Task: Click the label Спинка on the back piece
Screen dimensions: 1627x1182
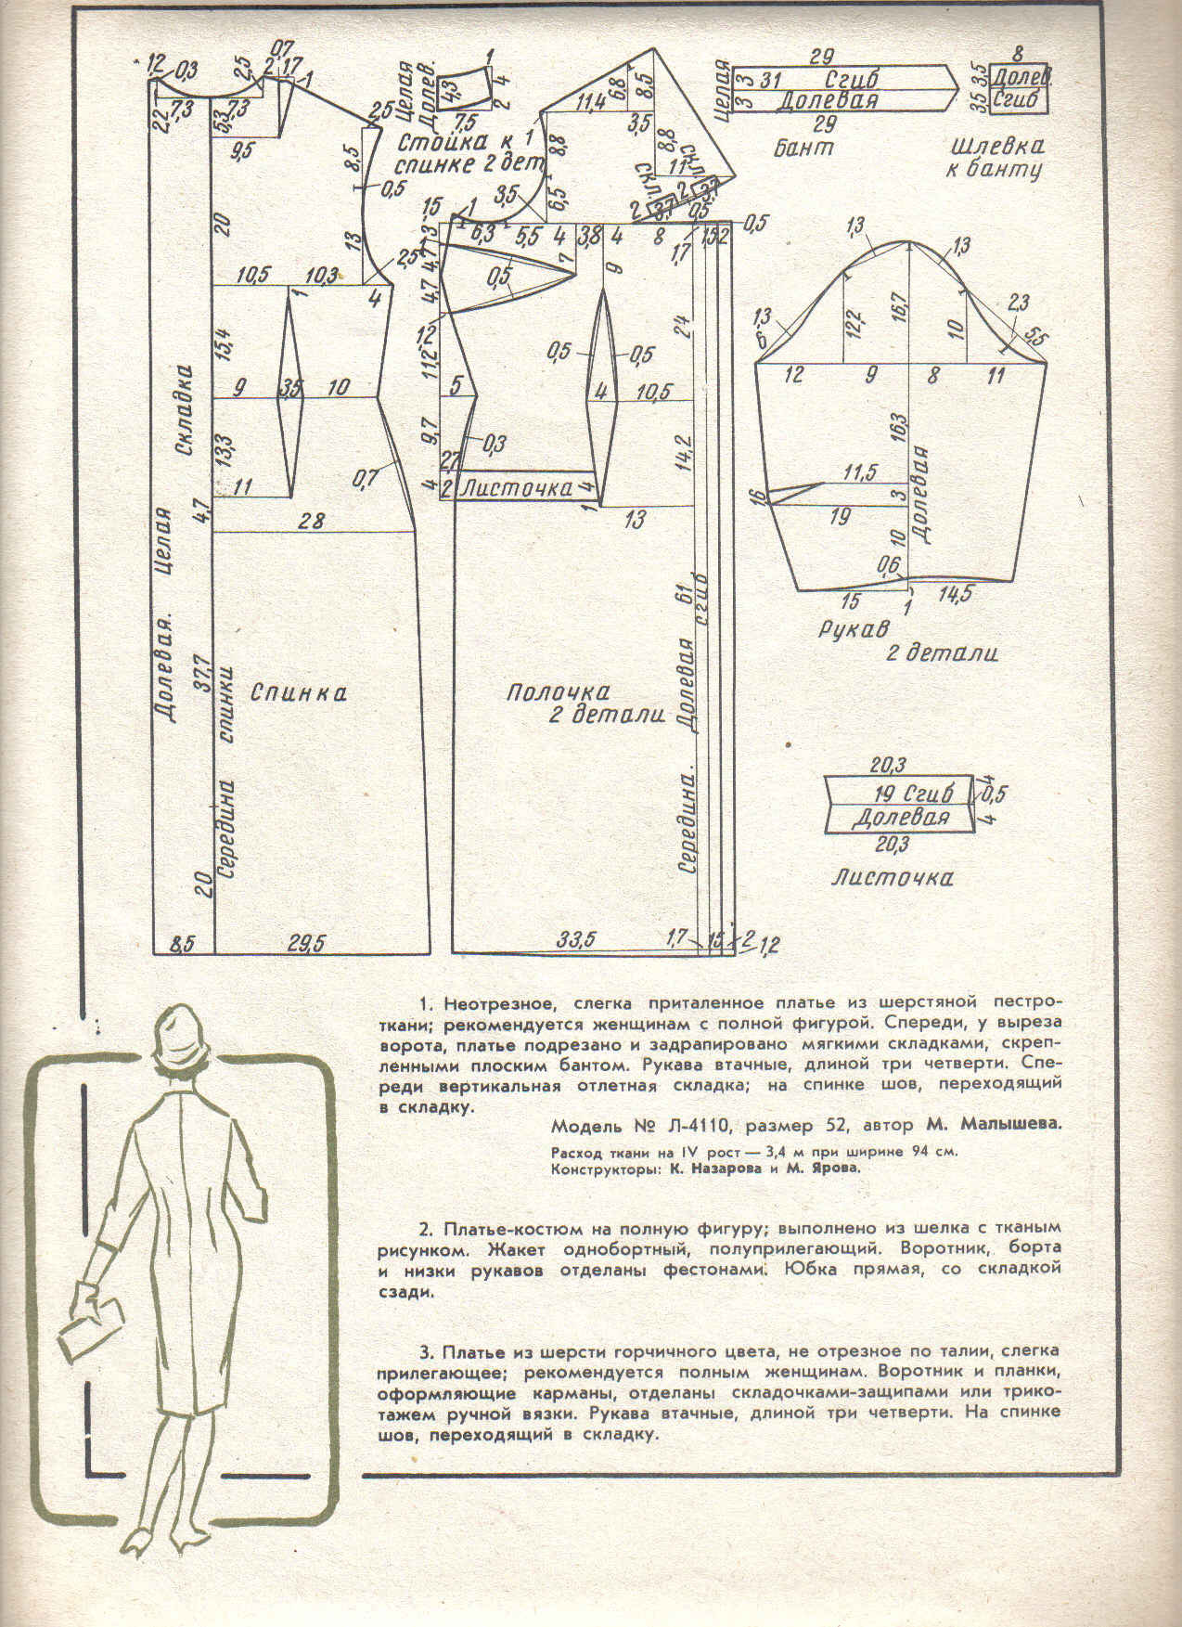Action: tap(298, 692)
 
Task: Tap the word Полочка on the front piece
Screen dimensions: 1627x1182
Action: tap(557, 692)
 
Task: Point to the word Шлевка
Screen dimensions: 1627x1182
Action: tap(997, 147)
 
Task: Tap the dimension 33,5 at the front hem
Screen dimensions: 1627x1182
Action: tap(575, 939)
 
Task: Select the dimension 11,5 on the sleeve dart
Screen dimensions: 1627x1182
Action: tap(859, 472)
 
